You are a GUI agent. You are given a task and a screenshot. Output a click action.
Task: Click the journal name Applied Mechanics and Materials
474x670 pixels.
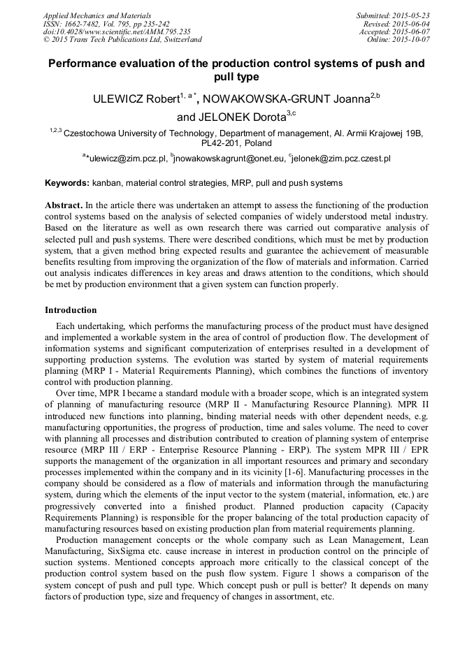click(x=97, y=15)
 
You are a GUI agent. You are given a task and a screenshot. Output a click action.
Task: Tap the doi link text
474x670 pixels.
click(x=116, y=32)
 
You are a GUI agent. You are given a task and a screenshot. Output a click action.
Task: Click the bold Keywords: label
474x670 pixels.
click(x=67, y=183)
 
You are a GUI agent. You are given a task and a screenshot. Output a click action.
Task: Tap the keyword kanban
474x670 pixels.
click(x=106, y=183)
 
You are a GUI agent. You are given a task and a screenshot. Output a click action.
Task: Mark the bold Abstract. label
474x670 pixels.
click(x=64, y=206)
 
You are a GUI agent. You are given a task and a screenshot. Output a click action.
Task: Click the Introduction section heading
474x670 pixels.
click(x=71, y=309)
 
